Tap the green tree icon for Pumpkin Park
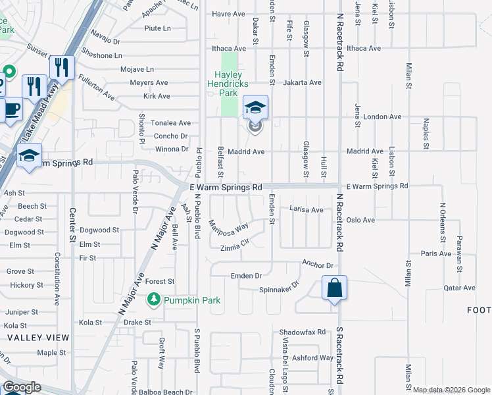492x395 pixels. (x=153, y=300)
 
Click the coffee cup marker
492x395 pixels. (x=12, y=108)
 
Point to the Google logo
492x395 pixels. (x=21, y=387)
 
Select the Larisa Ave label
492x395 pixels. (x=307, y=209)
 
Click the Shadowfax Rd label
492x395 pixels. (x=303, y=332)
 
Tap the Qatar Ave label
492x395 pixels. (x=458, y=288)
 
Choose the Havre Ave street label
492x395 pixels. (x=228, y=14)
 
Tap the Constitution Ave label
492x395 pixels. (x=57, y=271)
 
